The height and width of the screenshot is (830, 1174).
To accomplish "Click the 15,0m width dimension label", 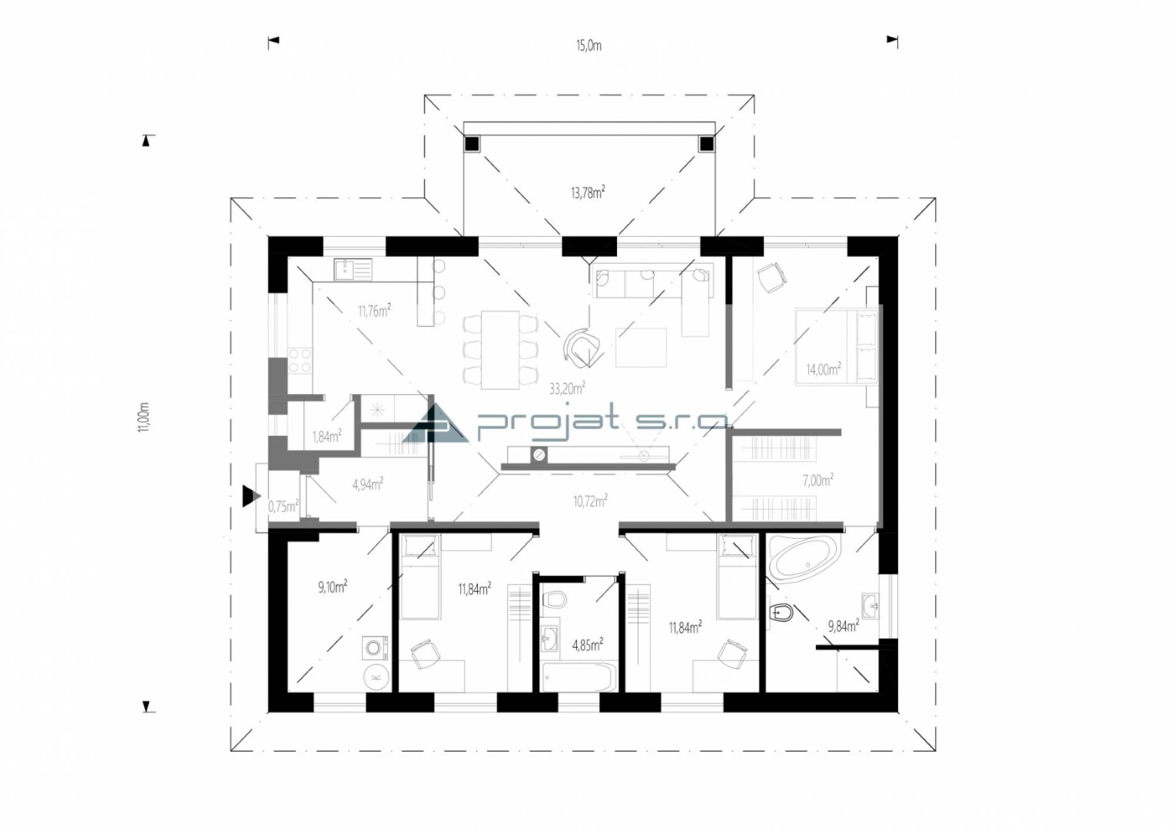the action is click(x=589, y=46).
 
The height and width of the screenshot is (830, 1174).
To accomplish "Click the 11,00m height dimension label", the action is click(x=144, y=418).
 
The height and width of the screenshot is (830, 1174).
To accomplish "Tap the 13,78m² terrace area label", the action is click(x=588, y=192).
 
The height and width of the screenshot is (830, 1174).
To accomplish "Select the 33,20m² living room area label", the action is click(x=567, y=388).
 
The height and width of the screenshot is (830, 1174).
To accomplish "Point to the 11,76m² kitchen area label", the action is click(x=375, y=310).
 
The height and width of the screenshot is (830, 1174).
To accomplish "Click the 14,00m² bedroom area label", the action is click(x=824, y=369).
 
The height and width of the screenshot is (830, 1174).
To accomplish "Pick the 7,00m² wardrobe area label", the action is click(x=818, y=480).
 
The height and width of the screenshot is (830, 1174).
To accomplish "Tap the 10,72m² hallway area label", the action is click(x=591, y=501).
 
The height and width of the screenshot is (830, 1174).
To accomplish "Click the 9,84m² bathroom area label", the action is click(x=844, y=626).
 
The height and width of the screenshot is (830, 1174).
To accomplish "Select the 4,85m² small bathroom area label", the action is click(x=588, y=645).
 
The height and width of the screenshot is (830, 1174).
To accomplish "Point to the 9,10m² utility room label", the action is click(x=333, y=586).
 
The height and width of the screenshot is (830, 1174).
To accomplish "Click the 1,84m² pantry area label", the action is click(x=327, y=436).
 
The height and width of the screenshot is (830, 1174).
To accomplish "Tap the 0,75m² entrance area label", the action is click(x=284, y=506).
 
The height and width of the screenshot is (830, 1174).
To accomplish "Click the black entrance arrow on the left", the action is click(x=251, y=496).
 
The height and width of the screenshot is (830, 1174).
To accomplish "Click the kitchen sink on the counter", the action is click(x=353, y=270).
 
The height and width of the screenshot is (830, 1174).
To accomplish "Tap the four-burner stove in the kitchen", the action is click(x=300, y=361).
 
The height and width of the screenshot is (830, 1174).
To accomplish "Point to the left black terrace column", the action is click(x=473, y=144).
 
